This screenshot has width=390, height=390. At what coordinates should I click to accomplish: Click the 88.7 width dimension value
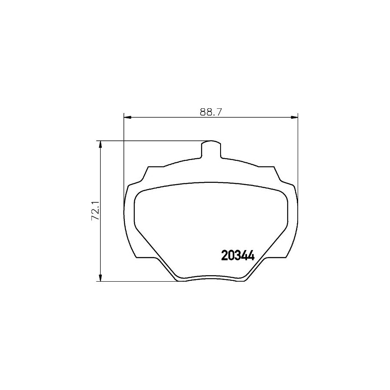[x=211, y=112]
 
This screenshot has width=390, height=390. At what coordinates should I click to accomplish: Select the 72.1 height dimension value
[x=95, y=211]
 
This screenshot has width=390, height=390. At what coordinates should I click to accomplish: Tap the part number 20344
[x=237, y=255]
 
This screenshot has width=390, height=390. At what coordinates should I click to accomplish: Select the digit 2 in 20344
[x=225, y=255]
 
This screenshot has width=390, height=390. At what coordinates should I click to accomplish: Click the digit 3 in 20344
[x=237, y=255]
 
